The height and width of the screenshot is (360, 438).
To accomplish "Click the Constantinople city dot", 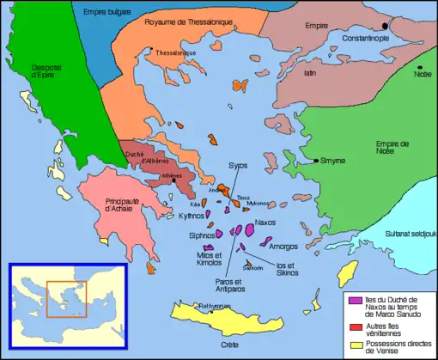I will point(386,27).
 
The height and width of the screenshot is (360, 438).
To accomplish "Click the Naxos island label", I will point(266,222).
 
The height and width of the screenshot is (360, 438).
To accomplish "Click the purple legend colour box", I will point(353,300).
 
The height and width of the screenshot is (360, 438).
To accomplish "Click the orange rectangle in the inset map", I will point(63,298).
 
